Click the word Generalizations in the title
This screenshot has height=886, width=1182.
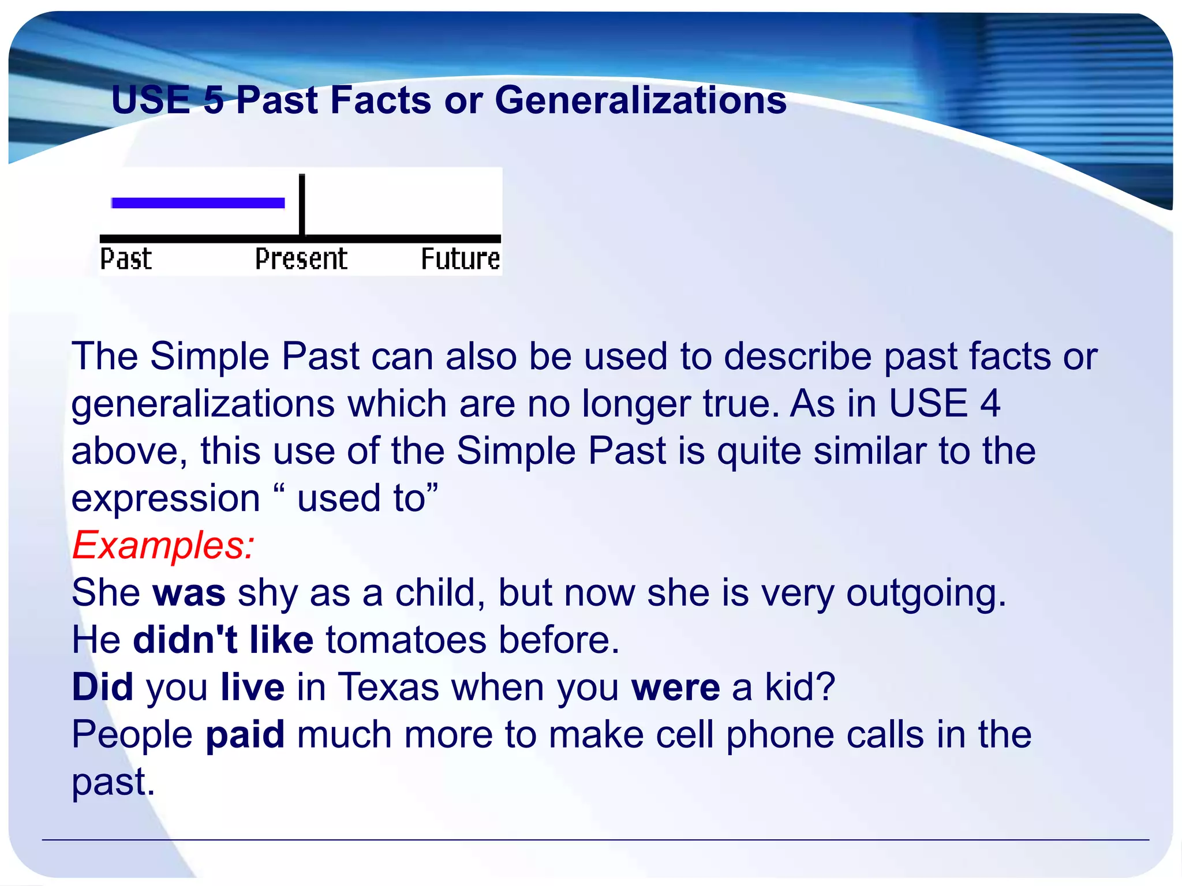641,100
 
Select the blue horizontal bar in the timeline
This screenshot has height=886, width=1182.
198,202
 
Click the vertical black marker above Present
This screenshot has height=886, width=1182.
302,205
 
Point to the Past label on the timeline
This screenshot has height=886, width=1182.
126,259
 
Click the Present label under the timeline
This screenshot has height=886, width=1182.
301,259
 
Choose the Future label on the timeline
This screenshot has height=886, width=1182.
460,259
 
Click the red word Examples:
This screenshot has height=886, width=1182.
163,546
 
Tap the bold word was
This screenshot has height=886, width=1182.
189,593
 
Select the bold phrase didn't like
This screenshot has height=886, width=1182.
223,640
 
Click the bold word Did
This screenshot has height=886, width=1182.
103,688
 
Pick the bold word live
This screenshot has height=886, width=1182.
253,688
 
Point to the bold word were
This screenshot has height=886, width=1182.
675,688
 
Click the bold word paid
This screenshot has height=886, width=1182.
245,735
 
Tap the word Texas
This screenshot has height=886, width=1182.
388,688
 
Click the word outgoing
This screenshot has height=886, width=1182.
925,594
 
